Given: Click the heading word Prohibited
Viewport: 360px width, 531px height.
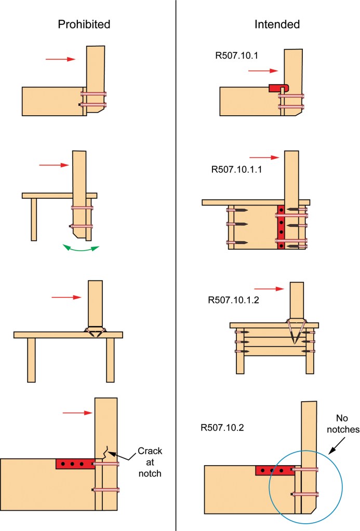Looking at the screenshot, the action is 84,24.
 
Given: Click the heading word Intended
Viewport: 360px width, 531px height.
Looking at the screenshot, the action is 277,24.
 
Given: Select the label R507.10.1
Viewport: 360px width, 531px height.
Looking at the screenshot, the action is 236,56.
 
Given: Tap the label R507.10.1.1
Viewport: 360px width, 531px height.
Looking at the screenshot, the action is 236,169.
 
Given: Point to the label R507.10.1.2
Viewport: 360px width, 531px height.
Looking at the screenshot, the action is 234,300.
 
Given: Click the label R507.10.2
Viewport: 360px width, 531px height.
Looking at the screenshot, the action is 222,427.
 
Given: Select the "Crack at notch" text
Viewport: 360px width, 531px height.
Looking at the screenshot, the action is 150,462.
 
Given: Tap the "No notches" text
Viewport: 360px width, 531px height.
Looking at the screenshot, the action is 343,424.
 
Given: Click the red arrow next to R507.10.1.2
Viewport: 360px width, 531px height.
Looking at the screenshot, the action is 269,289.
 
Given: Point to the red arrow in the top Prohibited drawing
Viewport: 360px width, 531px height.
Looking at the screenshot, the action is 61,59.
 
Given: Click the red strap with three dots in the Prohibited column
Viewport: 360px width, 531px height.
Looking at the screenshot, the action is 75,464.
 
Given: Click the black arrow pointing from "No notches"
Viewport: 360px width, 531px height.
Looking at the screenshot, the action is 337,446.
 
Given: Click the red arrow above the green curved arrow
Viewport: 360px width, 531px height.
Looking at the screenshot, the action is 54,165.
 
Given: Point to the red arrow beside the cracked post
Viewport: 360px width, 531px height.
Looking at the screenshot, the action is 77,413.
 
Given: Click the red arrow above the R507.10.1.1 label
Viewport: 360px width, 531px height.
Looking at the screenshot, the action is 264,157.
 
